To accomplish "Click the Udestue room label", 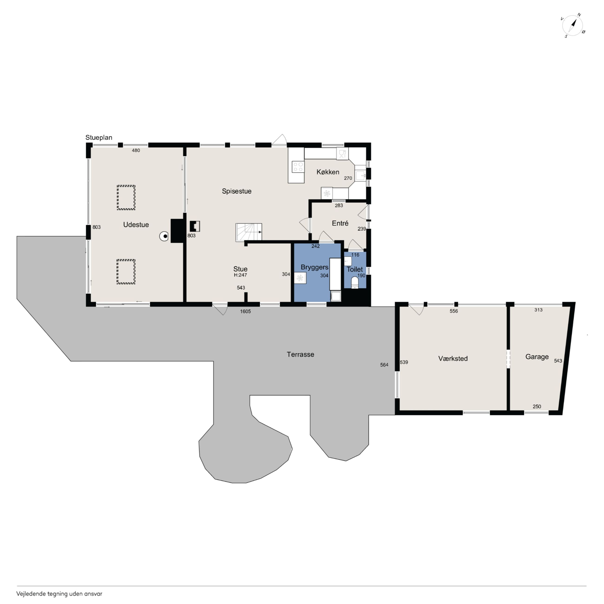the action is (x=136, y=224).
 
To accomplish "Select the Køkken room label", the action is (x=328, y=172).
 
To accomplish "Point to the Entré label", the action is (x=340, y=223).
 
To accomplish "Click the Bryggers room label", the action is (x=314, y=267).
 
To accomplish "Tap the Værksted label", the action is (x=453, y=359).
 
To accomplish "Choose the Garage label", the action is (x=537, y=357).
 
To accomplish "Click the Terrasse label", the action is (x=300, y=354).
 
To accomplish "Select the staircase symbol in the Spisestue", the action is (x=249, y=232).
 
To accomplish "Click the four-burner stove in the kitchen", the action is (x=298, y=167).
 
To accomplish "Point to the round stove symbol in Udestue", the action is (x=164, y=236).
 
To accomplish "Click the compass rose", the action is (x=572, y=26).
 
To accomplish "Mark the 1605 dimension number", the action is (x=245, y=311).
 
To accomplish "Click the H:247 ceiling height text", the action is (x=240, y=275).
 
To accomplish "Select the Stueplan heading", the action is (x=99, y=138).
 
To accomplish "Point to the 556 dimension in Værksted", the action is (x=454, y=311).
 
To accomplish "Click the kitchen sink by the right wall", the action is (x=361, y=176).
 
